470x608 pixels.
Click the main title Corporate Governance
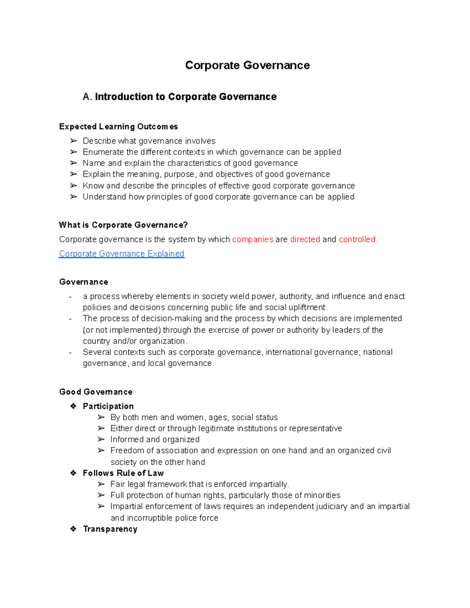click(x=247, y=65)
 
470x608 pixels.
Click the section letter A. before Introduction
click(x=87, y=97)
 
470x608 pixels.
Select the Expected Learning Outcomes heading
click(x=118, y=126)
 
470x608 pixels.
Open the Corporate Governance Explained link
click(x=121, y=254)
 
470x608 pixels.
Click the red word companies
click(x=253, y=239)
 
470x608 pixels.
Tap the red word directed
click(x=305, y=239)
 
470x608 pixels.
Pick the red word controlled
click(x=357, y=239)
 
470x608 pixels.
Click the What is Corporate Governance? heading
click(x=123, y=225)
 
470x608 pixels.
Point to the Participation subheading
click(x=108, y=406)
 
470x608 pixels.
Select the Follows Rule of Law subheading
click(x=123, y=473)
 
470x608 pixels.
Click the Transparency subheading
click(x=110, y=529)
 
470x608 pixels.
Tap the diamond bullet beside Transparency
click(x=73, y=529)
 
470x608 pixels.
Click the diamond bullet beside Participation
click(x=73, y=406)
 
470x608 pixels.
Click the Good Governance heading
click(x=96, y=392)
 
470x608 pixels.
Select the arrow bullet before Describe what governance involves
click(x=73, y=141)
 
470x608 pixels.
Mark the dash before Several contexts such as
click(x=70, y=352)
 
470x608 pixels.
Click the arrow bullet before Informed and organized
click(x=101, y=440)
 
